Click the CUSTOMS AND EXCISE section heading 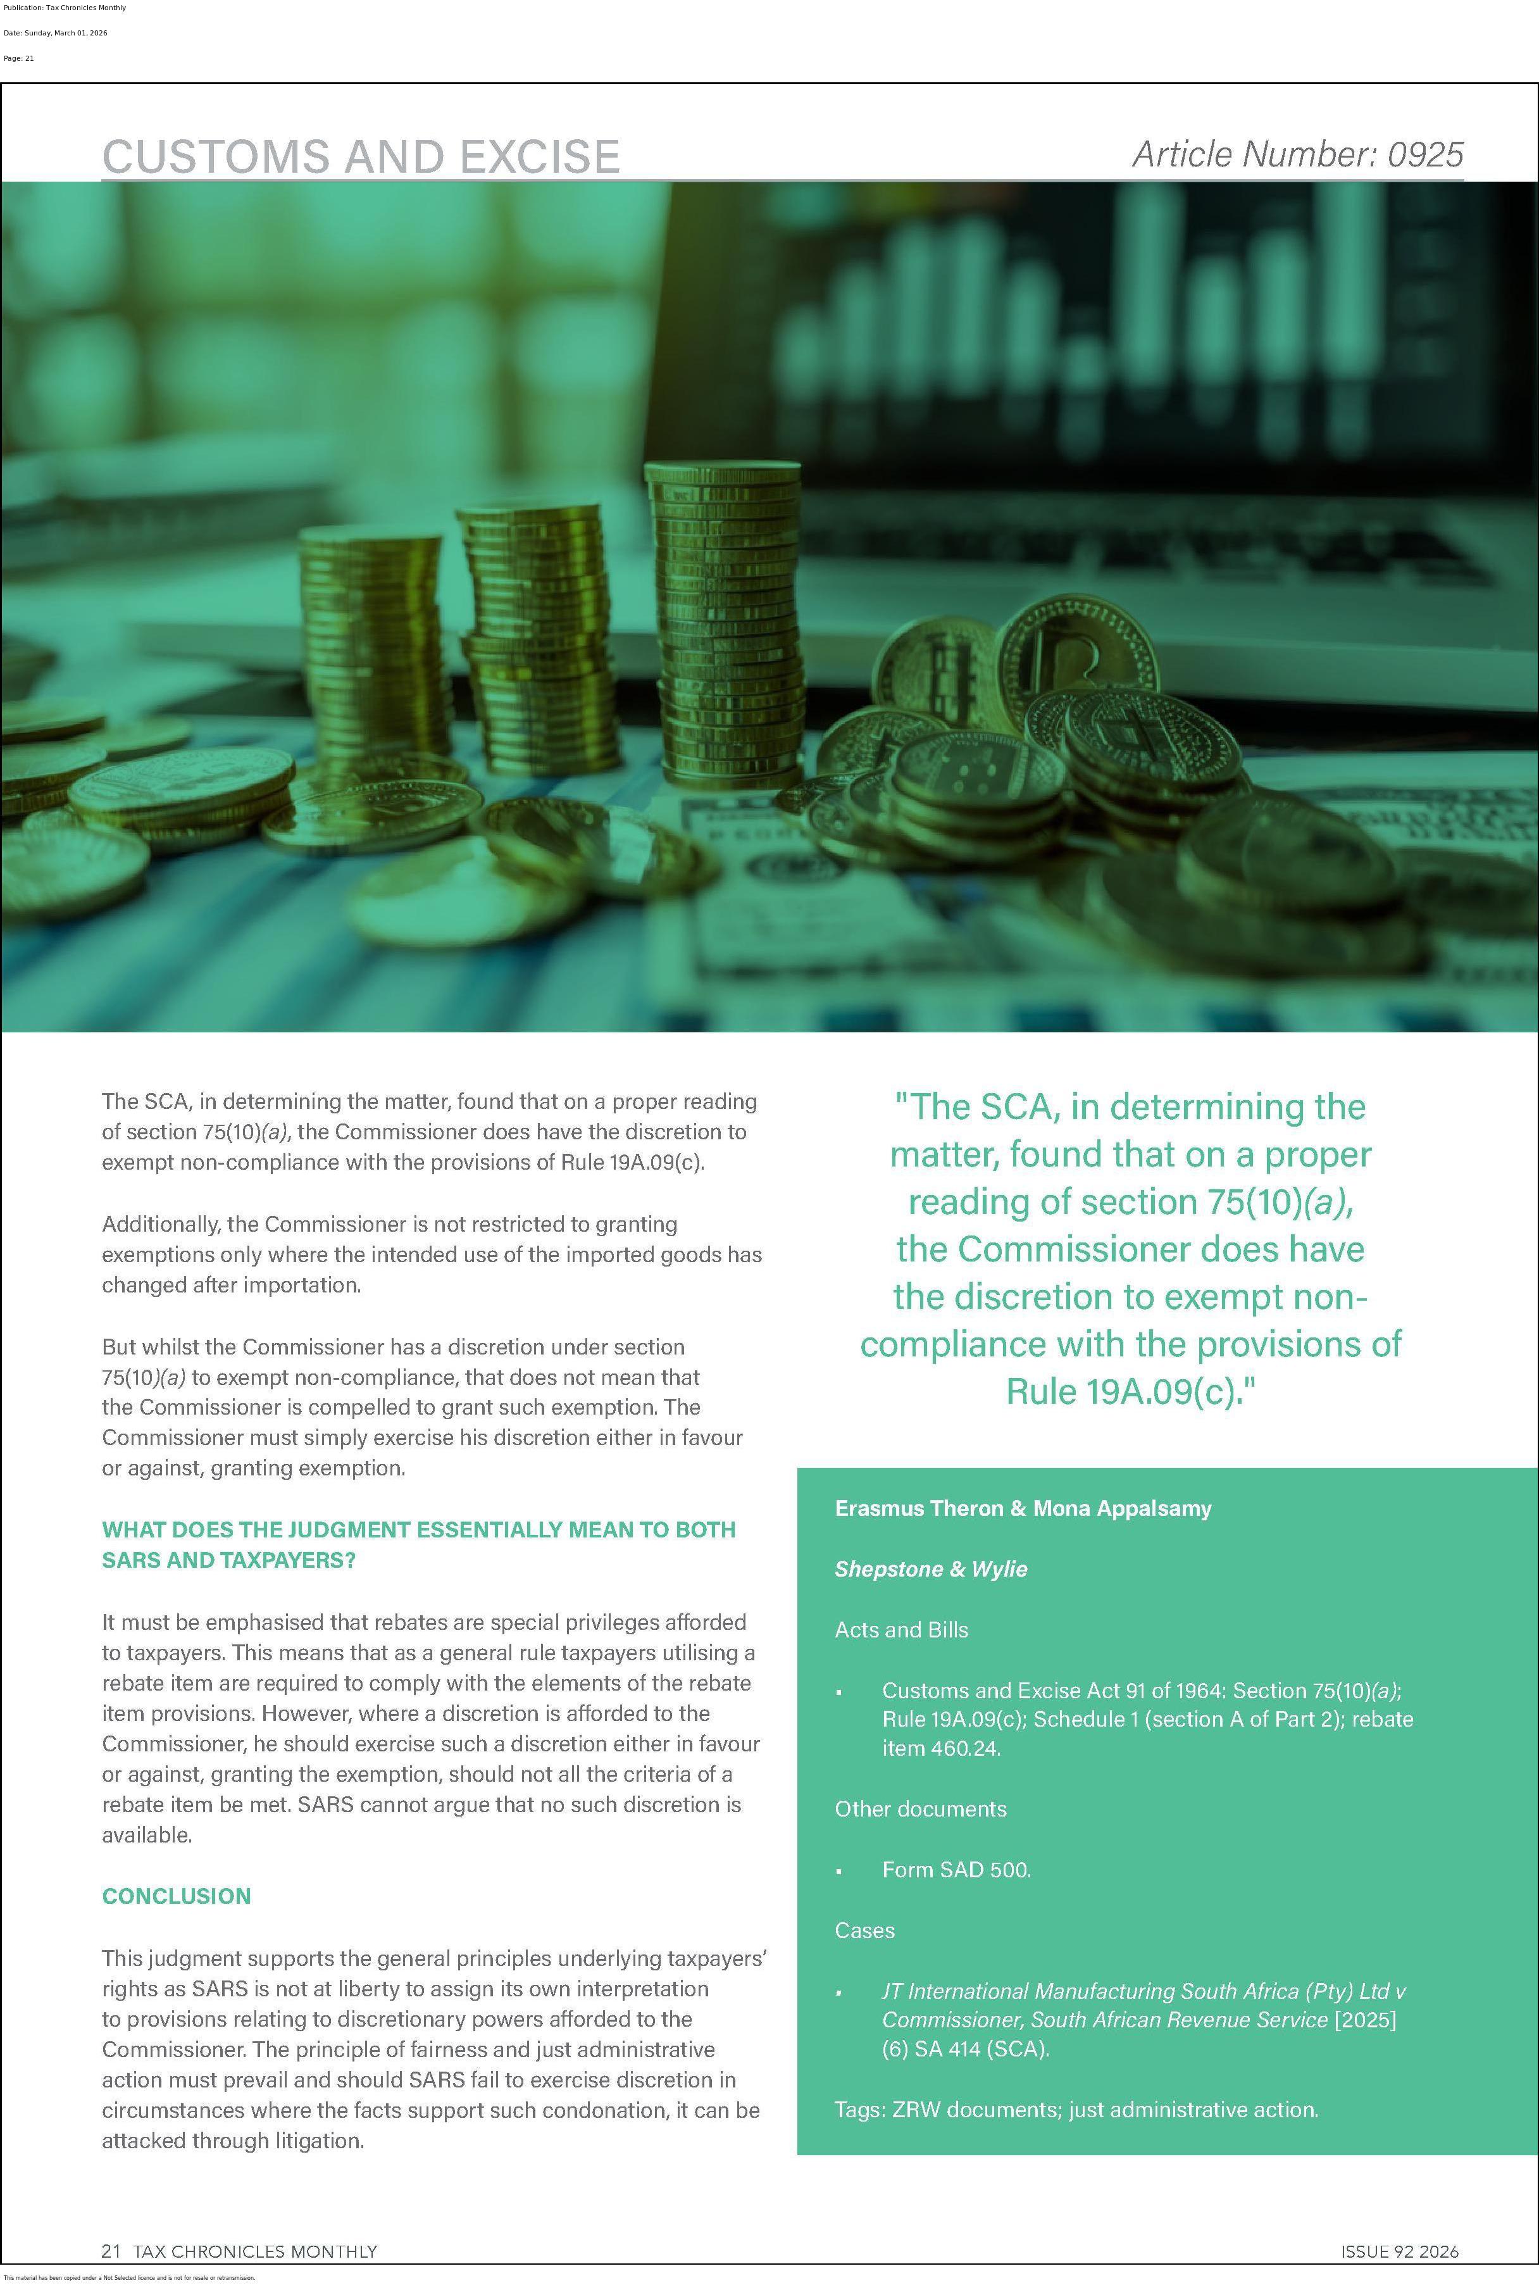[x=360, y=156]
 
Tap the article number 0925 [x=1297, y=154]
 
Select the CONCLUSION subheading [x=177, y=1896]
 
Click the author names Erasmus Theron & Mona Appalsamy [x=1023, y=1508]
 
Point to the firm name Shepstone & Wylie [x=930, y=1568]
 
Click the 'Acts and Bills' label [x=901, y=1629]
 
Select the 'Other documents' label [x=921, y=1808]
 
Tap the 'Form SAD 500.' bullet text [x=956, y=1869]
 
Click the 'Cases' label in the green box [x=864, y=1930]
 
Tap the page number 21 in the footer [x=111, y=2251]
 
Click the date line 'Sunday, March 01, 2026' [x=56, y=34]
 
